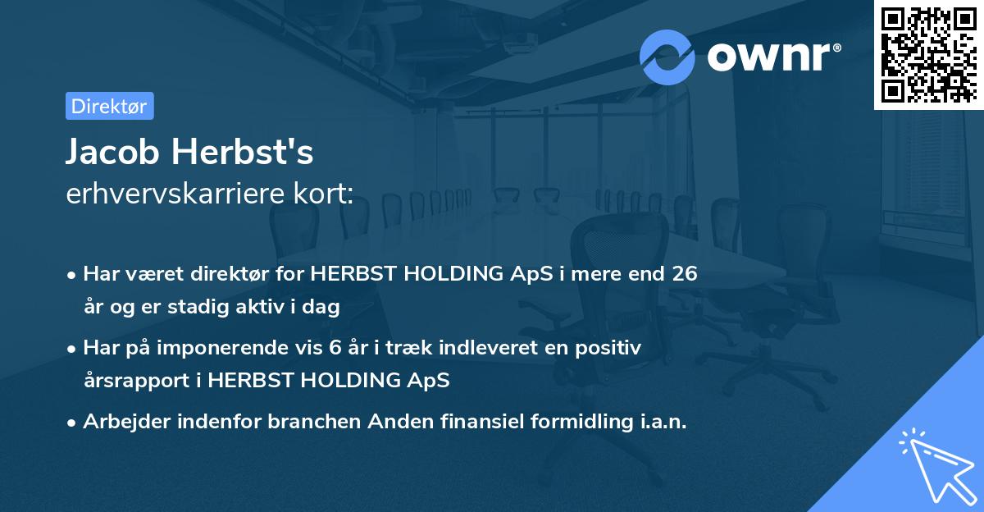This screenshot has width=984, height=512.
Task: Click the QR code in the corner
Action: (929, 54)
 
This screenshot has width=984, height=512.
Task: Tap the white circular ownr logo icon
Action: (667, 57)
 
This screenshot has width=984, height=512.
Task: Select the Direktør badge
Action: (109, 106)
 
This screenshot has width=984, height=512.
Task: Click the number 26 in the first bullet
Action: (684, 274)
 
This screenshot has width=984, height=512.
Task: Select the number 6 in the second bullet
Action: (335, 348)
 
